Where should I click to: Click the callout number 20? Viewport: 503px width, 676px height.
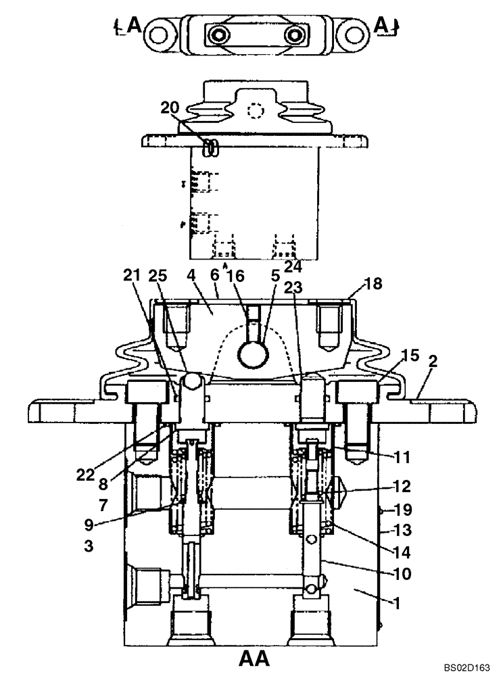(x=171, y=107)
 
